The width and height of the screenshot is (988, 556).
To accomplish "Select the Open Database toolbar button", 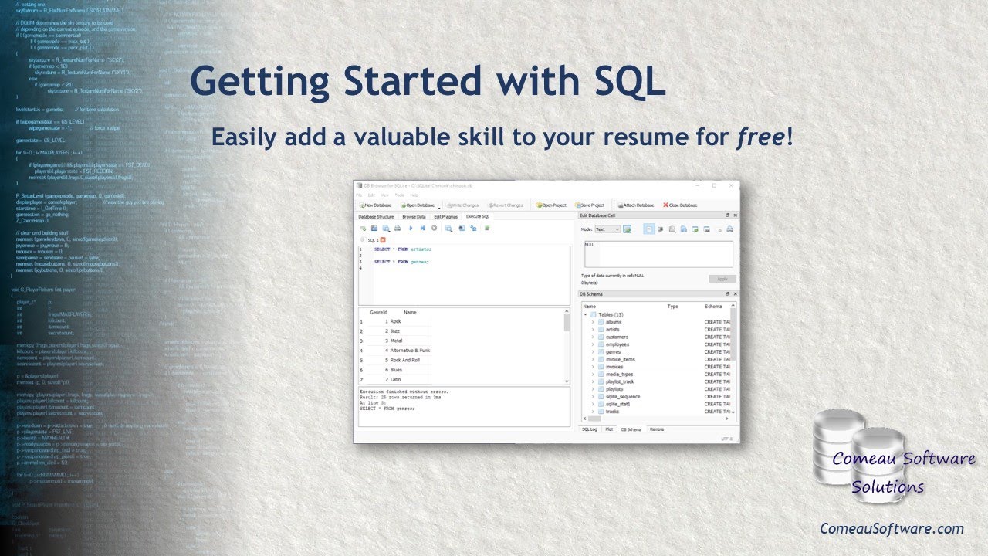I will coord(418,205).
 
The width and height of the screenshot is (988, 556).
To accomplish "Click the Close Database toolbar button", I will coord(680,205).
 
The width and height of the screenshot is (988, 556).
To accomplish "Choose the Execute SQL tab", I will coord(478,217).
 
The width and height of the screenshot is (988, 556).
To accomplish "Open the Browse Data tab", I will coord(414,217).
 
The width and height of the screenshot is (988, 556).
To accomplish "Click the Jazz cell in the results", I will coord(395,331).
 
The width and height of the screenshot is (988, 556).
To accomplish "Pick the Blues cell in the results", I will coord(396,370).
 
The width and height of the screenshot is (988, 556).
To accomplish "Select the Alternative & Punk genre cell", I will coord(410,351).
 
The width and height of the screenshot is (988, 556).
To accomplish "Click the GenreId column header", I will coord(378,313).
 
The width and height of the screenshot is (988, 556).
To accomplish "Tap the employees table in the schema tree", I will coord(617,344).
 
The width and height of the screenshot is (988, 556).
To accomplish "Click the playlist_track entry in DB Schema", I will coord(619,381).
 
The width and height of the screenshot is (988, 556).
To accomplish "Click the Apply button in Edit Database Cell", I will coord(722,279).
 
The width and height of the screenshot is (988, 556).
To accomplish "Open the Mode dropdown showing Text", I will coord(607,229).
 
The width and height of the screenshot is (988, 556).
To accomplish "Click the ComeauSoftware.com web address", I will coord(892,529).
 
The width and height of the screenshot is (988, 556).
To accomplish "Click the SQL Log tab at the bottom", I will coord(589,429).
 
